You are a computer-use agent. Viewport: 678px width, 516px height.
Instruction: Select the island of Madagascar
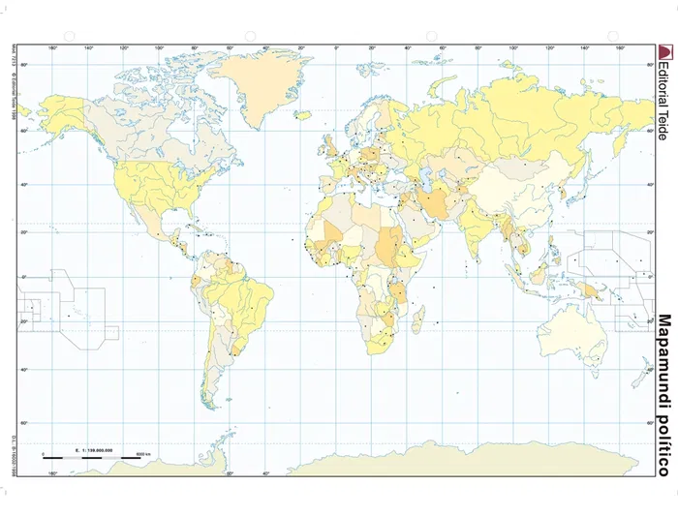pyautogui.click(x=418, y=319)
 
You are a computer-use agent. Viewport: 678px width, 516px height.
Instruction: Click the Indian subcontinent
pyautogui.click(x=478, y=232)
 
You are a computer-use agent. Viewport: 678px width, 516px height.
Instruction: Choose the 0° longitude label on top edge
pyautogui.click(x=337, y=47)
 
